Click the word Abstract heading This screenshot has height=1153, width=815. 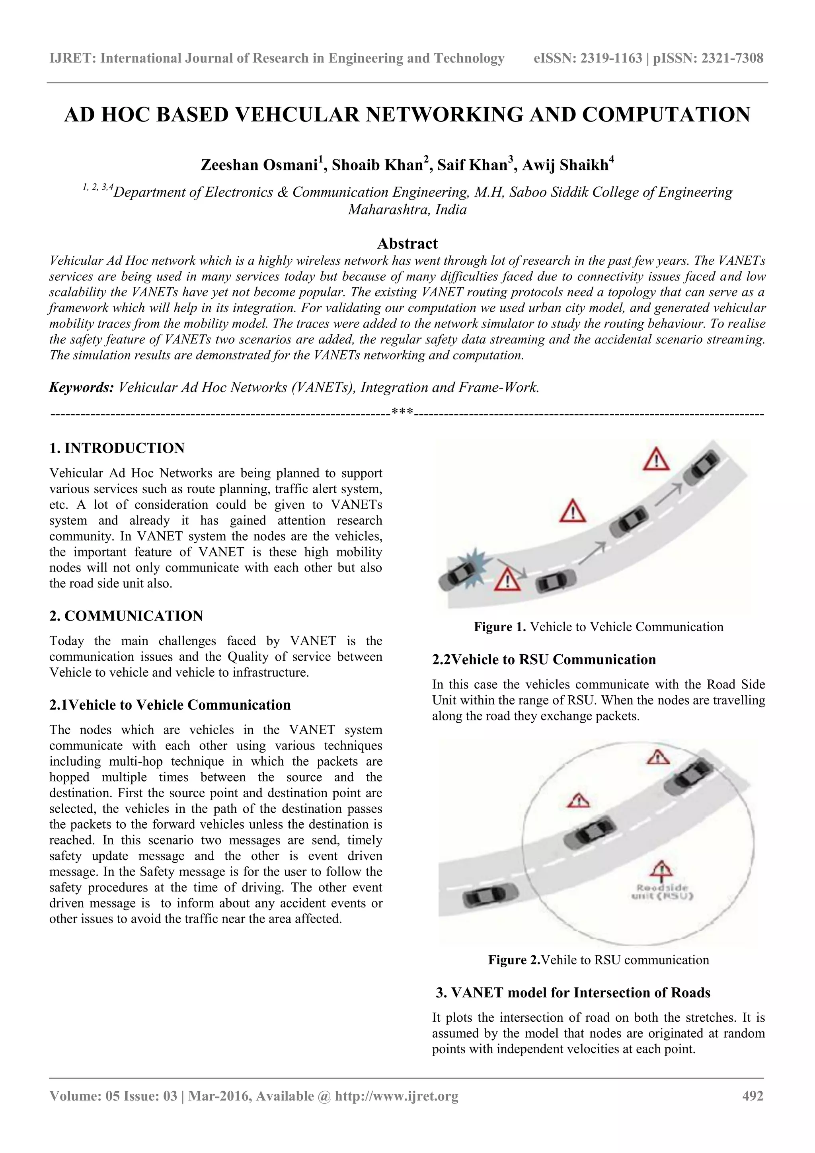click(x=407, y=244)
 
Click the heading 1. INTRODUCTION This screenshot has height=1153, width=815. click(x=117, y=448)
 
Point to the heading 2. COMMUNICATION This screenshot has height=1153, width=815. click(x=126, y=616)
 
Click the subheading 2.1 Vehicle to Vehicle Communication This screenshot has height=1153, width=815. click(x=170, y=705)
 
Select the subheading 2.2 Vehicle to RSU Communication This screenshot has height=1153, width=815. click(x=544, y=659)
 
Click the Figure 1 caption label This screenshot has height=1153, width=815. click(x=500, y=627)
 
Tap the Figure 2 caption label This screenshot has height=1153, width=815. click(x=514, y=960)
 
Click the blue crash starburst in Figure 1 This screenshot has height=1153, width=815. click(x=476, y=569)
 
